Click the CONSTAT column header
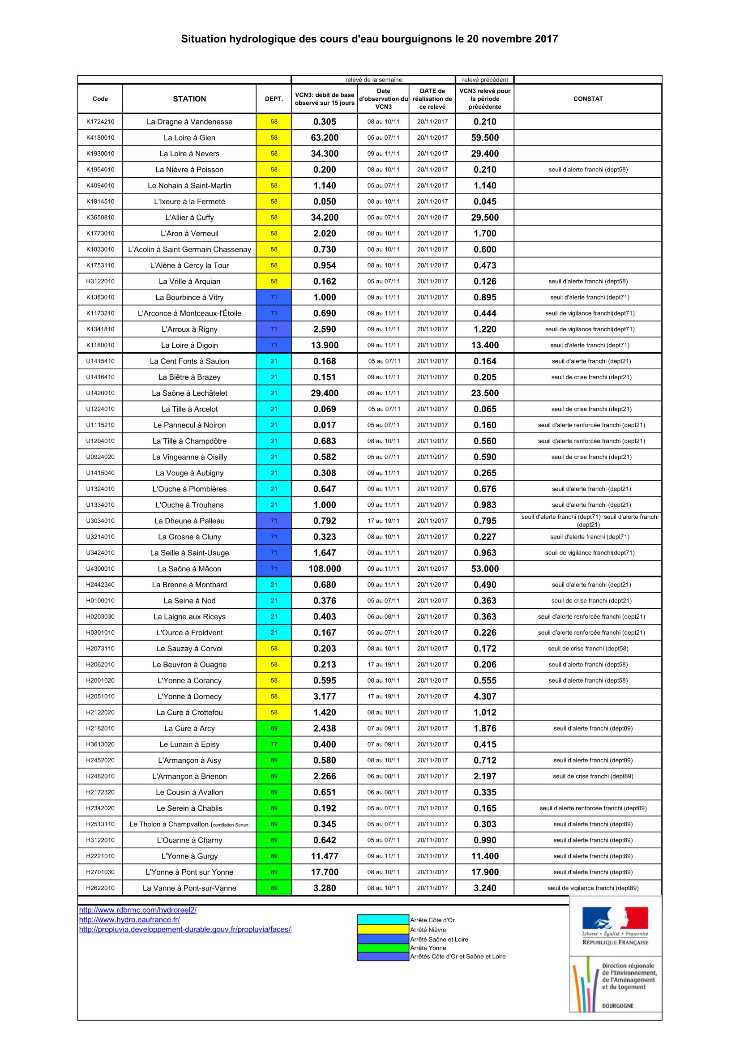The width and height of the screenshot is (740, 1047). [x=588, y=98]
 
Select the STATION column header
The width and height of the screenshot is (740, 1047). [x=189, y=98]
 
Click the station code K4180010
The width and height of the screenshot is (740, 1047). [x=100, y=138]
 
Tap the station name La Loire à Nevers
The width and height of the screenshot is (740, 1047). [x=189, y=154]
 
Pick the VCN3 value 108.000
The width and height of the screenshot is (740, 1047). [x=324, y=568]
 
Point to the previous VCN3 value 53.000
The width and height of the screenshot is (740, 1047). [x=485, y=568]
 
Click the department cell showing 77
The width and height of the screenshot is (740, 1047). [x=274, y=744]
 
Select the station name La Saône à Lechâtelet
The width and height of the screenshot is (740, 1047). [x=189, y=393]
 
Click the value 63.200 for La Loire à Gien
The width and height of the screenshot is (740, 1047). [x=324, y=138]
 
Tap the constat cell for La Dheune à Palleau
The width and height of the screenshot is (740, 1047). [x=590, y=521]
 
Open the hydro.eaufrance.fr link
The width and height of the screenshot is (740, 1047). [x=129, y=920]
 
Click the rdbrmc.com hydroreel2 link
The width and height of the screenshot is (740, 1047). [x=138, y=910]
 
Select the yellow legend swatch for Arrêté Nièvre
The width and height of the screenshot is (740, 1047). [x=383, y=930]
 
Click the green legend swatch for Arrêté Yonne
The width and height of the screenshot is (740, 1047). [x=383, y=948]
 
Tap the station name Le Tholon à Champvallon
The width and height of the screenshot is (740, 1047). [x=189, y=824]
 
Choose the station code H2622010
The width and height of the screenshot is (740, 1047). [x=100, y=888]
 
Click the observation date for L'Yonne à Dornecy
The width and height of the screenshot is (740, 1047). [x=384, y=697]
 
